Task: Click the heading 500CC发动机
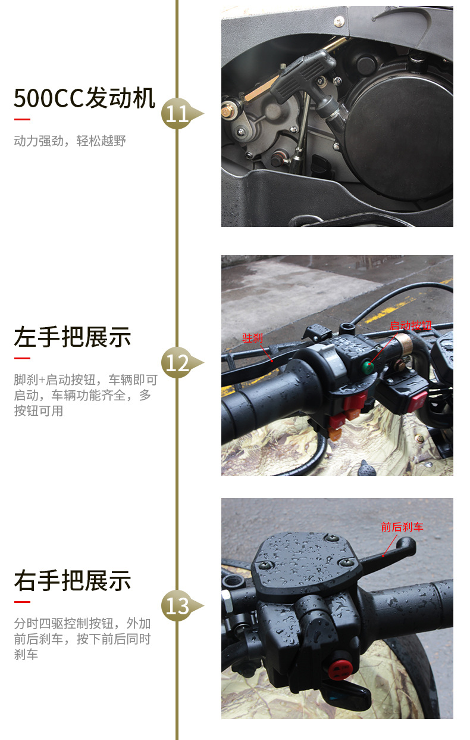coord(84,98)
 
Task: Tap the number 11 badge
coord(177,114)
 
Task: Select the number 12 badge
coord(177,363)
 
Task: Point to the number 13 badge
coord(177,606)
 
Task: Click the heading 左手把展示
coord(72,337)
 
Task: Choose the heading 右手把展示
coord(72,580)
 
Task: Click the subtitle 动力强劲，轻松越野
coord(70,141)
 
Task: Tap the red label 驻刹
coord(253,338)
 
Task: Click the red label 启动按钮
coord(411,326)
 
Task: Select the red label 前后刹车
coord(402,527)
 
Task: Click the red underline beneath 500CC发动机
coord(22,119)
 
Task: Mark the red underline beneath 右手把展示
coord(22,602)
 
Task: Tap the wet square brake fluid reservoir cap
coord(303,560)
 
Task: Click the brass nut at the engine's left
coord(228,111)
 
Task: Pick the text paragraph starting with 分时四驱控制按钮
coord(82,639)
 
